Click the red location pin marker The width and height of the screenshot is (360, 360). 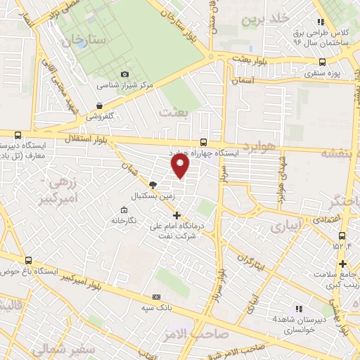(181, 165)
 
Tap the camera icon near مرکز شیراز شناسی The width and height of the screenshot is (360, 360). (125, 74)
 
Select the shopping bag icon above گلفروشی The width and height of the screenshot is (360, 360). (100, 106)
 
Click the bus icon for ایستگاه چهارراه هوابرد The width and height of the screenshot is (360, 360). (203, 141)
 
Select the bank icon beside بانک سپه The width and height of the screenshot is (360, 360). (156, 297)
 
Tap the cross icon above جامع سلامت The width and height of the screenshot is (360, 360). (342, 264)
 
